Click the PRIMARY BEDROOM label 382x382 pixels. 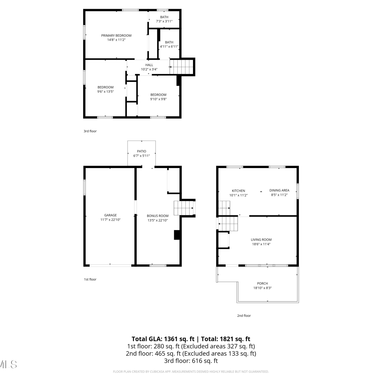[x=116, y=35]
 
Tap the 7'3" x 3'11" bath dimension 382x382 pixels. [x=164, y=21]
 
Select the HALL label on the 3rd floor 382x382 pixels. [x=149, y=65]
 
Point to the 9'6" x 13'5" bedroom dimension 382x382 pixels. [x=105, y=91]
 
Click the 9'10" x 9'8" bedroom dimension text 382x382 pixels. [x=158, y=99]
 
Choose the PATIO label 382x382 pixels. [x=142, y=151]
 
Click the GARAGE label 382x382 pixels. [x=111, y=215]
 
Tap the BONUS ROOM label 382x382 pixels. [x=158, y=216]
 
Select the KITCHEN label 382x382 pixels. [x=238, y=191]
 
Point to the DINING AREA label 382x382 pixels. [x=279, y=190]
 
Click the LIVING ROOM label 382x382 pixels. [x=261, y=240]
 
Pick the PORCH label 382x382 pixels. [x=263, y=283]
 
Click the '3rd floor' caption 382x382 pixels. [x=90, y=131]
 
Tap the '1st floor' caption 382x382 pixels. [x=90, y=279]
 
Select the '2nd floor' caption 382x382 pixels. [x=244, y=316]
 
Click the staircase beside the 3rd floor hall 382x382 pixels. [x=182, y=67]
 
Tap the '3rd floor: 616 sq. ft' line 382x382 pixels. [x=191, y=361]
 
